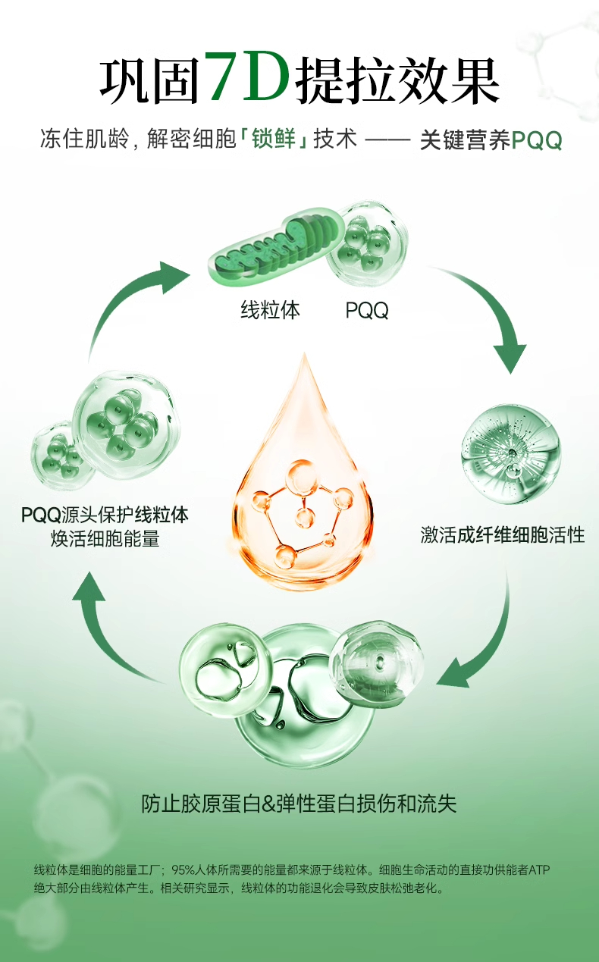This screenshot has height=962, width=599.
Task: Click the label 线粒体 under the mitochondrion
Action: (x=271, y=309)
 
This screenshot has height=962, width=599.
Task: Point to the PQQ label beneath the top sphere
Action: (x=367, y=310)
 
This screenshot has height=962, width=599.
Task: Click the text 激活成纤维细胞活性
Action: (x=503, y=534)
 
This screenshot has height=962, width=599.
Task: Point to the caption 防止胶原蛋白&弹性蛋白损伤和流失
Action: (x=299, y=804)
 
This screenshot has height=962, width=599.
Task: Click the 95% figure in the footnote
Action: (x=183, y=870)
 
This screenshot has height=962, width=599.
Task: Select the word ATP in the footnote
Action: (x=538, y=870)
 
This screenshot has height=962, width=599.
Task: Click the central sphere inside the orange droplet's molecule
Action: (x=305, y=519)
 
